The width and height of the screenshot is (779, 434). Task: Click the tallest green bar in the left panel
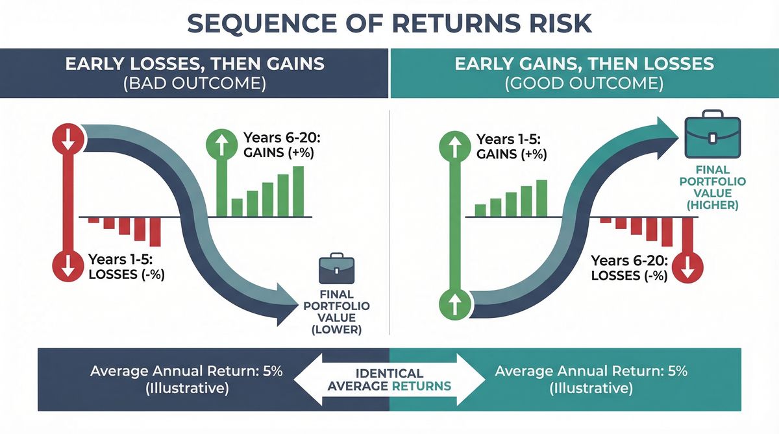click(298, 191)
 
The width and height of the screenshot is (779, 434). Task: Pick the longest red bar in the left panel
click(155, 232)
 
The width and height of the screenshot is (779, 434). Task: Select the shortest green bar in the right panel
click(480, 210)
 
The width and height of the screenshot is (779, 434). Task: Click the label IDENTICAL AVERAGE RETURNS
click(389, 380)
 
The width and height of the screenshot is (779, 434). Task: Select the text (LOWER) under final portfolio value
click(336, 330)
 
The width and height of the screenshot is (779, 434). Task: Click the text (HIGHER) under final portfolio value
click(713, 206)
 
